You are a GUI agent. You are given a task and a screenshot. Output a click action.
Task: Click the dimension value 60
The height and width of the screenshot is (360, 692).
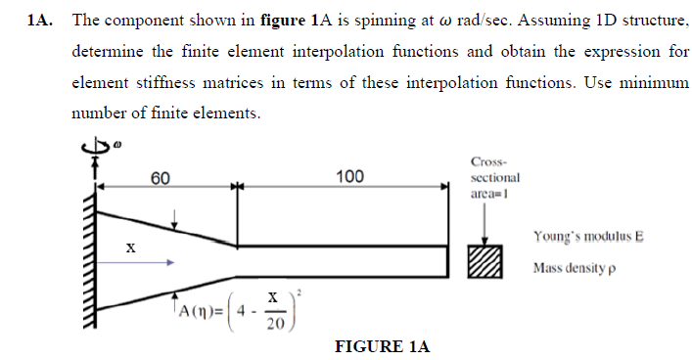[161, 177]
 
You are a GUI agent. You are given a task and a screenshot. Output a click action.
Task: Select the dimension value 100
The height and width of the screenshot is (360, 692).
[348, 176]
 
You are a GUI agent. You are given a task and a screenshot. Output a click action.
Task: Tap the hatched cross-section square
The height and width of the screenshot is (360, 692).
[485, 261]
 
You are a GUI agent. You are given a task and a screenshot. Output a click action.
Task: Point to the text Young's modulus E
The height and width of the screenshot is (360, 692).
[587, 237]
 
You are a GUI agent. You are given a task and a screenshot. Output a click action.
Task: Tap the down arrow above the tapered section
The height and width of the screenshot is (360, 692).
[174, 219]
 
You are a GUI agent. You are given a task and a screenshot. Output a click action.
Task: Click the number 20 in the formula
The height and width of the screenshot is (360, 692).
[275, 323]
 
